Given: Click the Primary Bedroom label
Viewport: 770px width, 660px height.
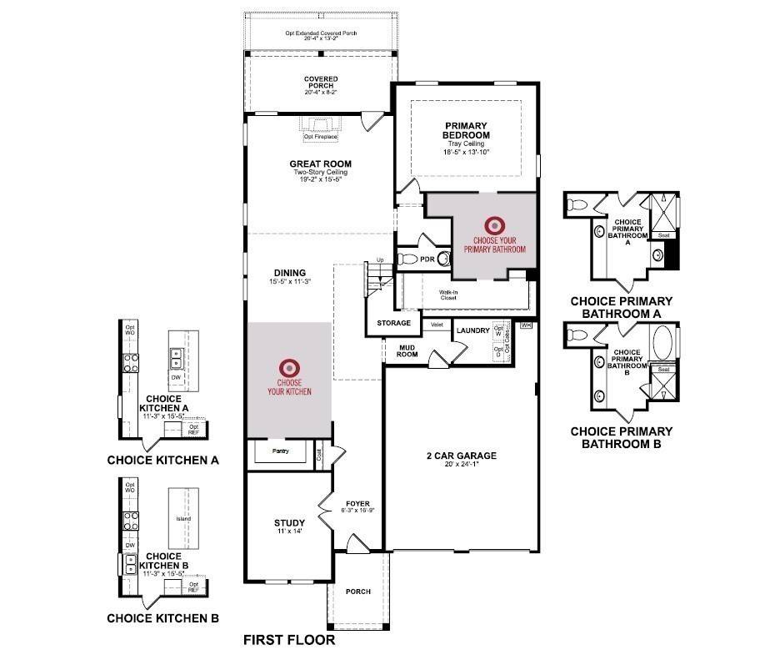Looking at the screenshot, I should coord(466,130).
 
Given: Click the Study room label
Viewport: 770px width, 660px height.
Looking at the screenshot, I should coord(283,524).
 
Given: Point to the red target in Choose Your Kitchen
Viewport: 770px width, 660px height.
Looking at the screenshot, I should coord(289,366).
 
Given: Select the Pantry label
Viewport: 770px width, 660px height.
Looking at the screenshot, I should coord(280,451).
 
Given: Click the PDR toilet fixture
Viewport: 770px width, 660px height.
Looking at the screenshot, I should coord(405,259).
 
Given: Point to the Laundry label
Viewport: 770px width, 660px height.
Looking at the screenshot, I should coord(472,331).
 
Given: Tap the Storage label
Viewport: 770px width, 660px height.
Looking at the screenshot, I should coord(393,323).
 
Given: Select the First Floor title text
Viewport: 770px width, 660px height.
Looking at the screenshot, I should coord(288,641).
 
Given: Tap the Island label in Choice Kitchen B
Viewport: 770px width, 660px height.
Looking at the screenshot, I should coord(183,518).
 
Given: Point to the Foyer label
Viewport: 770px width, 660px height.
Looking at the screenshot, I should coord(357,504).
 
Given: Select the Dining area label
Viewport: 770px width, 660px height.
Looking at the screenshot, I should coord(290,273).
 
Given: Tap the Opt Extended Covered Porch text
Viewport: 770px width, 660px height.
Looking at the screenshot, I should coord(320,34).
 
